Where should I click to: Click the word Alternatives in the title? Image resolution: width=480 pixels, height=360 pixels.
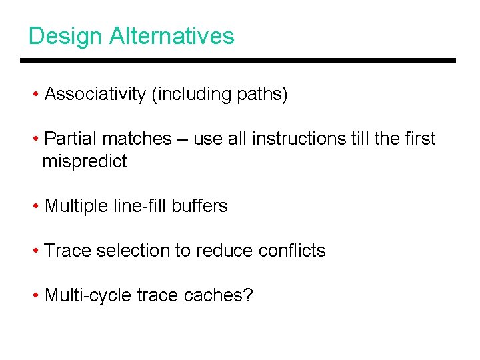pyautogui.click(x=172, y=36)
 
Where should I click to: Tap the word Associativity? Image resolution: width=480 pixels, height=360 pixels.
pyautogui.click(x=95, y=95)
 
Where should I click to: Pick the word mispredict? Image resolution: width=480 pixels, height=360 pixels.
pyautogui.click(x=84, y=161)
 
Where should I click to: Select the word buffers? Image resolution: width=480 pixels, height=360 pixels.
pyautogui.click(x=199, y=206)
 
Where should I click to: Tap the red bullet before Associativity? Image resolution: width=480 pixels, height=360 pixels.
pyautogui.click(x=36, y=95)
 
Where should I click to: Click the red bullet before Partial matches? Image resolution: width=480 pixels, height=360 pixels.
pyautogui.click(x=36, y=139)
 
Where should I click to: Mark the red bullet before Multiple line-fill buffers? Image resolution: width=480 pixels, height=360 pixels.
pyautogui.click(x=36, y=206)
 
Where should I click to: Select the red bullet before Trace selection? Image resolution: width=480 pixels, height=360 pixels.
pyautogui.click(x=36, y=251)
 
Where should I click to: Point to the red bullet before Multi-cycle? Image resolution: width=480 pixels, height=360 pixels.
pyautogui.click(x=36, y=295)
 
